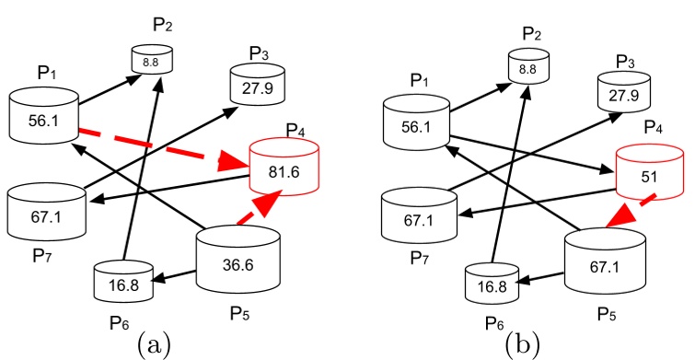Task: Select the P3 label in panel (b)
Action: tap(627, 60)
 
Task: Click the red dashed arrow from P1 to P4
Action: tap(156, 147)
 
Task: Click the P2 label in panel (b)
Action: tap(532, 34)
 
